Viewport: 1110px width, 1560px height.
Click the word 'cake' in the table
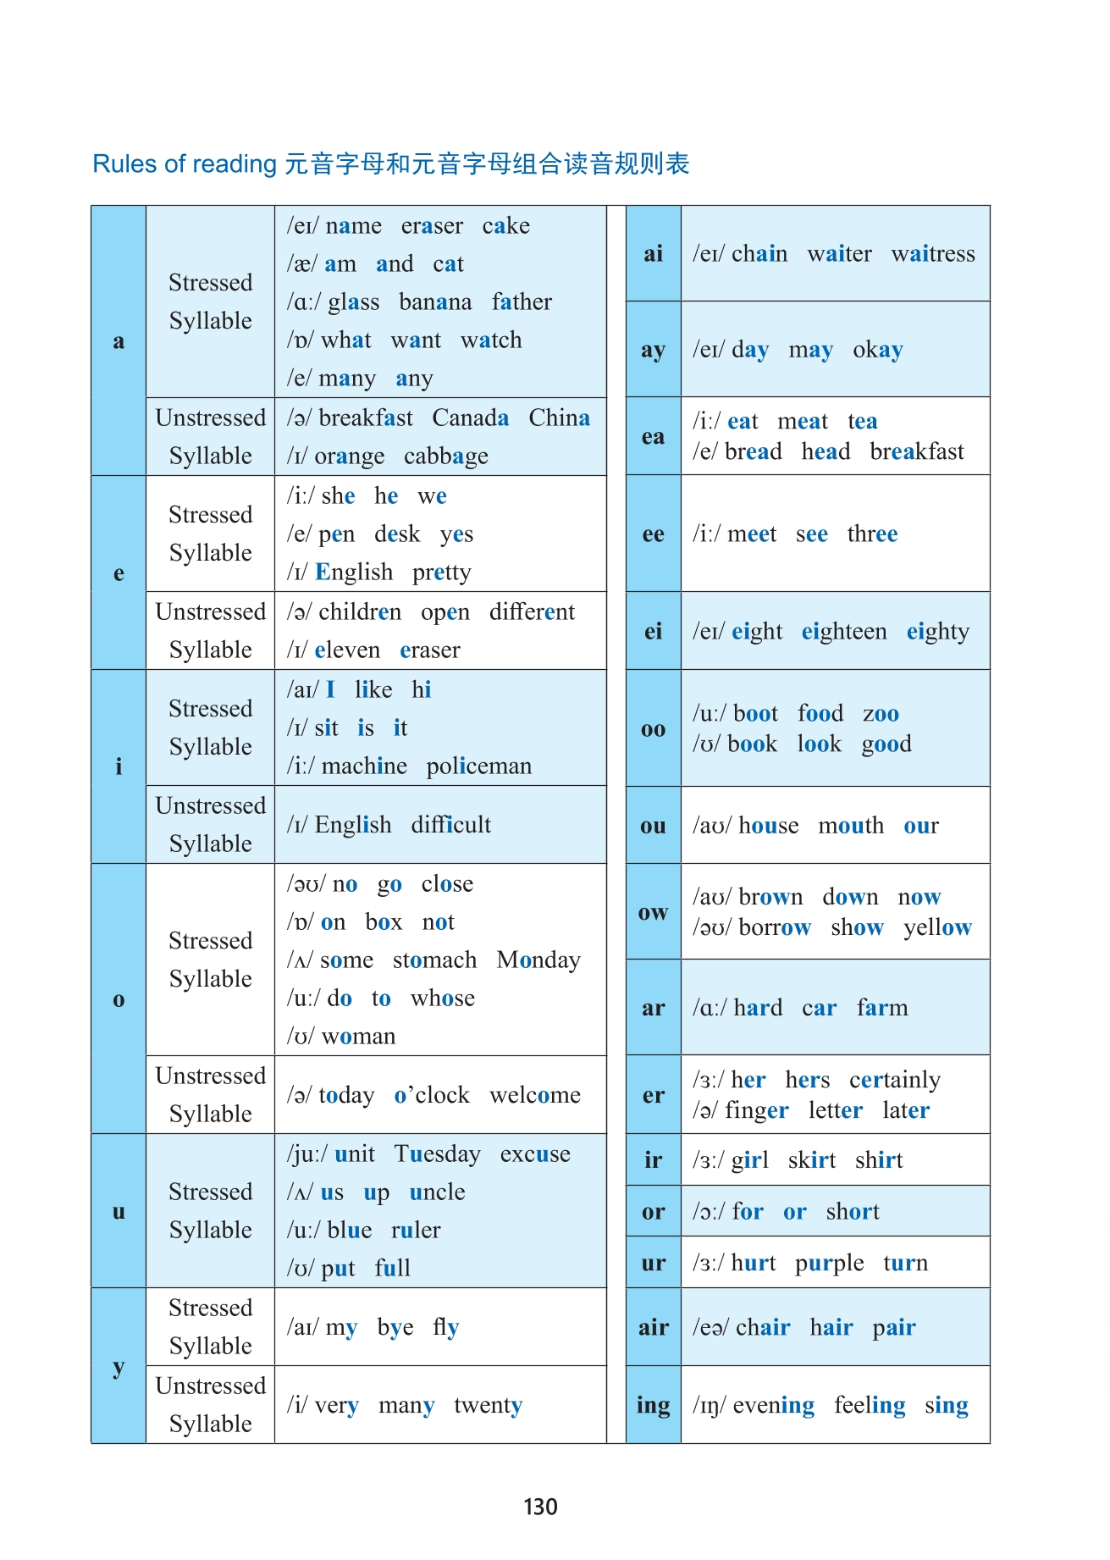(505, 226)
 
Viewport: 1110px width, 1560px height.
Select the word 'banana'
(434, 302)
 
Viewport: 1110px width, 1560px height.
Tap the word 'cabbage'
(445, 456)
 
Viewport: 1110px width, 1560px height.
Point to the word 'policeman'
(478, 766)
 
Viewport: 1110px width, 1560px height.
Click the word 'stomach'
(434, 960)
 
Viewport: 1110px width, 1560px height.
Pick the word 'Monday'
(538, 960)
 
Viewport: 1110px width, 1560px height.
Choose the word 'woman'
(358, 1037)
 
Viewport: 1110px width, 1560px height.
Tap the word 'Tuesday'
(437, 1154)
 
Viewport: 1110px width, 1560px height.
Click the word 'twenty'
(488, 1406)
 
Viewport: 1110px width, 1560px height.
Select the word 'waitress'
(932, 254)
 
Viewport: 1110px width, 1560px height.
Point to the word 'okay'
(877, 350)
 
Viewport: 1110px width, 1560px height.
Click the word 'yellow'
(937, 928)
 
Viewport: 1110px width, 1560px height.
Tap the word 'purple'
(829, 1264)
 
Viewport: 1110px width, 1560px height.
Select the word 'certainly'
(894, 1081)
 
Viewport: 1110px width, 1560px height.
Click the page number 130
(540, 1507)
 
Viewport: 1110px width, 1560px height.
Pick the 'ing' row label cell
(653, 1406)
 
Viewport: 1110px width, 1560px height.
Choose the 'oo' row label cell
(653, 729)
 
